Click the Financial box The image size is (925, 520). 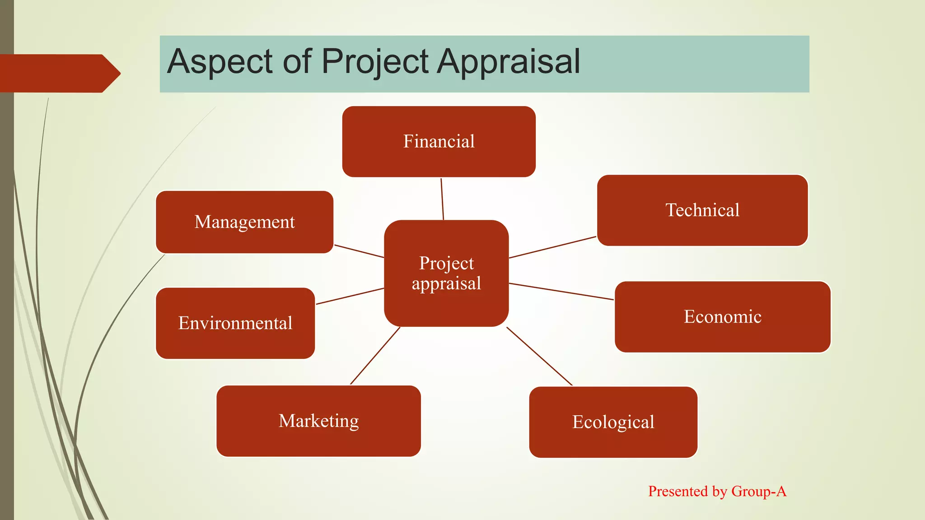(439, 142)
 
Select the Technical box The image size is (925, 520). (702, 210)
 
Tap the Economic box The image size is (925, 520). (722, 317)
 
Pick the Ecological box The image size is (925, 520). (613, 422)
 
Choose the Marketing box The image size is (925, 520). (318, 421)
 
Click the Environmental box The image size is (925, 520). (235, 323)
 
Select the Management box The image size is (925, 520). (244, 222)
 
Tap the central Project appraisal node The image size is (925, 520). (446, 273)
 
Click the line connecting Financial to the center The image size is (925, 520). (442, 199)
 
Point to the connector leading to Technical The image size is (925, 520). (552, 247)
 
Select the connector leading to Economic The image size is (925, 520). (561, 292)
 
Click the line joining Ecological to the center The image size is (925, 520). (539, 356)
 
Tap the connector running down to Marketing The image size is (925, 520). (375, 356)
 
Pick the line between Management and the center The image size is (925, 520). (359, 251)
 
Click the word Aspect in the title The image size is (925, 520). (220, 62)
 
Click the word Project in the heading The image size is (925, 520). (375, 62)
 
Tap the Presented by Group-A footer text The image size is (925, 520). (717, 491)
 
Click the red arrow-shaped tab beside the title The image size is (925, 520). (59, 73)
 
